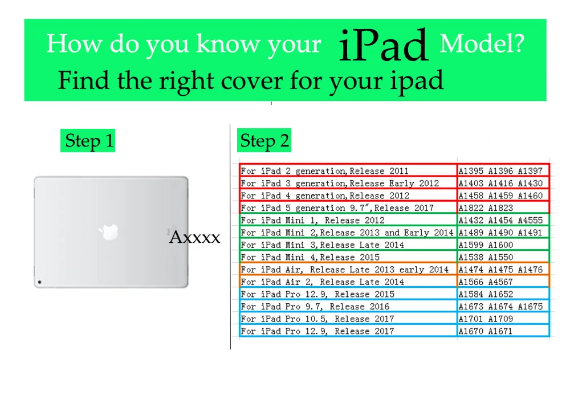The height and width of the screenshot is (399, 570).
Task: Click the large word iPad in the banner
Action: point(382,46)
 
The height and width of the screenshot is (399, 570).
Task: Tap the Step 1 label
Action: point(89,141)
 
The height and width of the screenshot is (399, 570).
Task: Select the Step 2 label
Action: point(264,141)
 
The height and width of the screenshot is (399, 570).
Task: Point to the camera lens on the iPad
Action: point(40,282)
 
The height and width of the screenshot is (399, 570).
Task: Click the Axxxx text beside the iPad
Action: point(194,238)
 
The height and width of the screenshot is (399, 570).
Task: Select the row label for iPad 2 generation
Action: point(324,171)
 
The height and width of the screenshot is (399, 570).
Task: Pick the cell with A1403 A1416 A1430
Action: point(501,184)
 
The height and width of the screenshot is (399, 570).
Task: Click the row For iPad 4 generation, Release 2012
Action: point(325,196)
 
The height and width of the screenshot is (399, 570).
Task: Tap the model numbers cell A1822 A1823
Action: point(486,208)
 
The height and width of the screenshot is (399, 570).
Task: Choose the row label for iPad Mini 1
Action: point(312,220)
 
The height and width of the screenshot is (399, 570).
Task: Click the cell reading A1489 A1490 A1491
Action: point(501,233)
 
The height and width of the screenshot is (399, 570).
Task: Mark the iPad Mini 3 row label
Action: point(322,245)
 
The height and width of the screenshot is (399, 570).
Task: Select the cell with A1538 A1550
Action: point(486,257)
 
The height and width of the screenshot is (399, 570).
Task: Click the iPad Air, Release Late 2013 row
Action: point(344,270)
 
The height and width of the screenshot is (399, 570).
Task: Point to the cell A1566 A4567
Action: point(486,282)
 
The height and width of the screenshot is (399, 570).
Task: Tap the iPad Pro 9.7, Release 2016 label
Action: point(315,306)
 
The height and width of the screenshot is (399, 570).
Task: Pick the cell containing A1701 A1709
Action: point(486,319)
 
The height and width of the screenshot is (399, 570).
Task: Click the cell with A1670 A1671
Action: point(486,331)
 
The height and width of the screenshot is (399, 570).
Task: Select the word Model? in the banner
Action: point(482,44)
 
